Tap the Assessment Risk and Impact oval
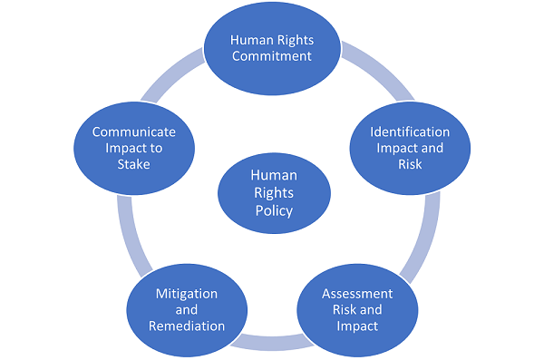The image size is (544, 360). pyautogui.click(x=357, y=308)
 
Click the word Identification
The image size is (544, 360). pyautogui.click(x=409, y=131)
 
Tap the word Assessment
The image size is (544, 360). pyautogui.click(x=357, y=294)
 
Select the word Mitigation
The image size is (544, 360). pyautogui.click(x=187, y=296)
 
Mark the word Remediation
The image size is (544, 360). pyautogui.click(x=187, y=325)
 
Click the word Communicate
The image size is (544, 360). pyautogui.click(x=134, y=131)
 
